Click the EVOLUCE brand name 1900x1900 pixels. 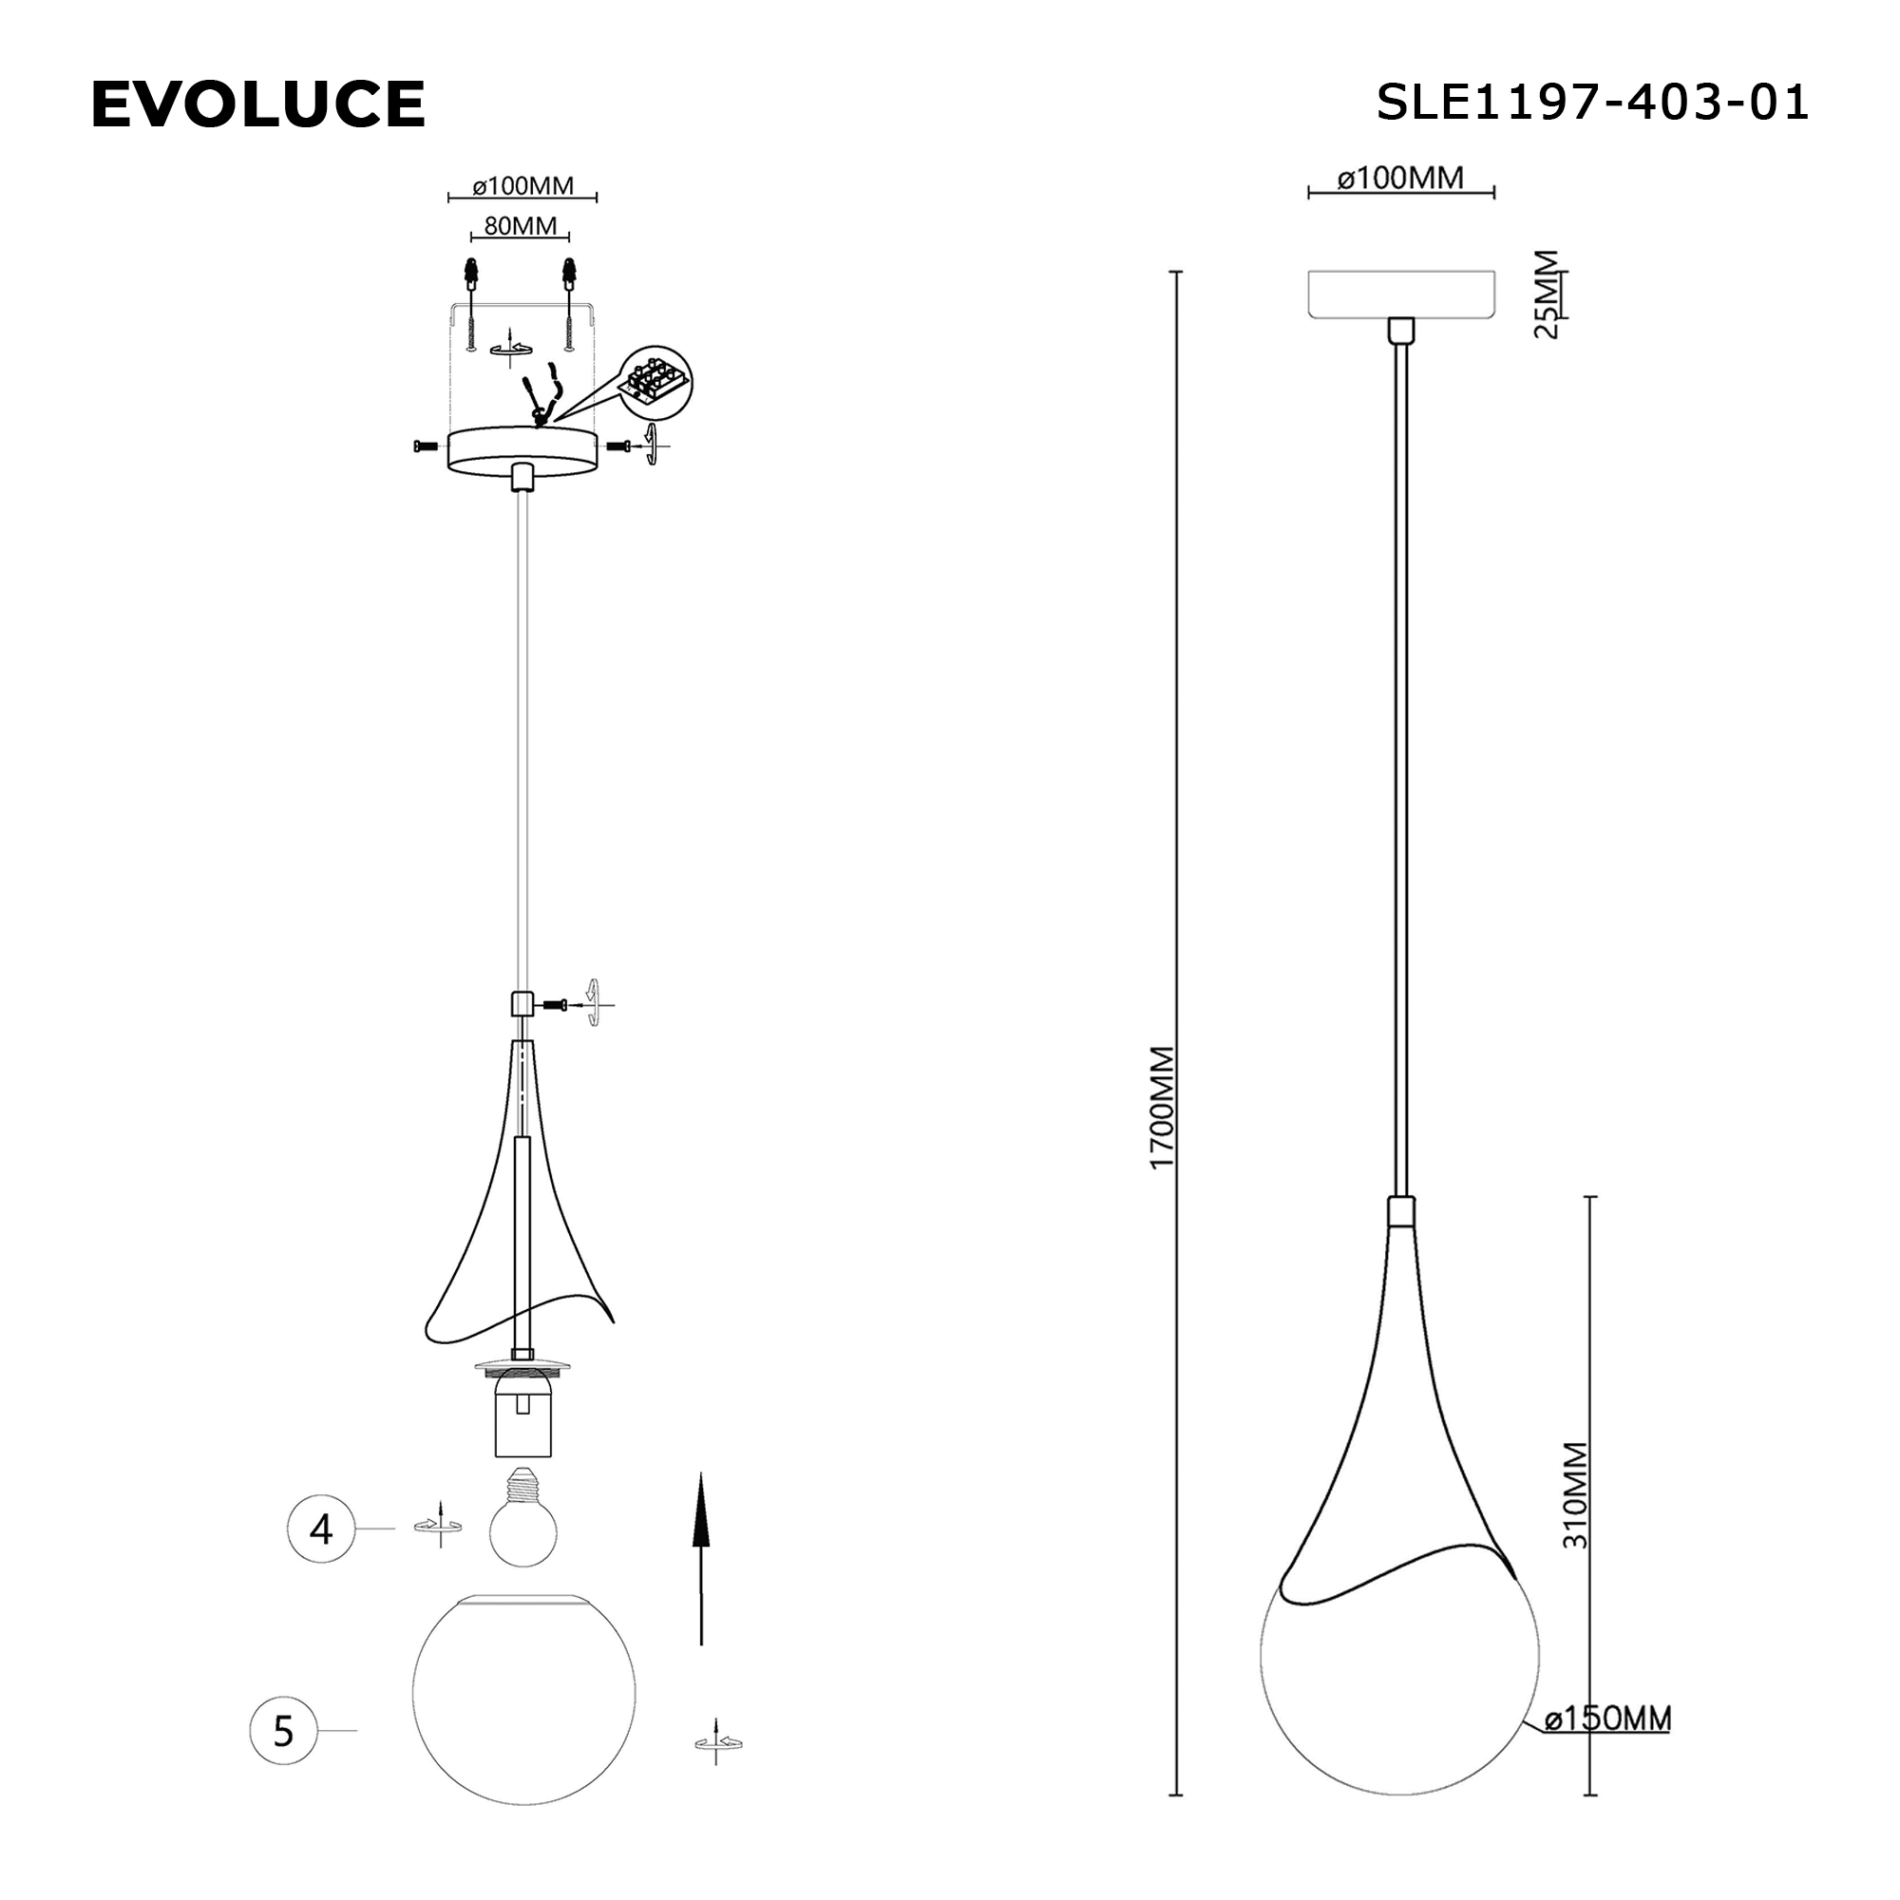257,104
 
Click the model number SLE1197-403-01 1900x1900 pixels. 1591,103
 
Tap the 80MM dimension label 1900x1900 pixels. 521,226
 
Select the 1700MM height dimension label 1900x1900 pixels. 1163,1108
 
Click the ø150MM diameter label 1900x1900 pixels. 1607,1719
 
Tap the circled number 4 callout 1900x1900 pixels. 320,1529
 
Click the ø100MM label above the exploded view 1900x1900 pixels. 522,186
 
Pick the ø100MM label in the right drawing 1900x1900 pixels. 1400,178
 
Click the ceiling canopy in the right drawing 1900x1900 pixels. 1400,293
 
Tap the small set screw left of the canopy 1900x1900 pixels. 425,446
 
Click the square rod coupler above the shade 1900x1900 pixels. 522,1003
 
